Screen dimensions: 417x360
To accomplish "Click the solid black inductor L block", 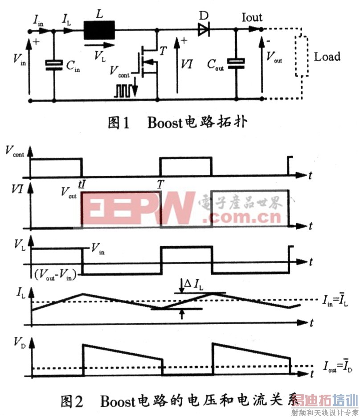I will pyautogui.click(x=99, y=32).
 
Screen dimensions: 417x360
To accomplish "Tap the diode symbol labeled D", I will pyautogui.click(x=204, y=30).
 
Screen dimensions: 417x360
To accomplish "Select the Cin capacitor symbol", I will pyautogui.click(x=54, y=65).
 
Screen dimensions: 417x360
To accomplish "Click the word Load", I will pyautogui.click(x=327, y=57).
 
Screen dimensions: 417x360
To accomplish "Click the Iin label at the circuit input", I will pyautogui.click(x=38, y=19).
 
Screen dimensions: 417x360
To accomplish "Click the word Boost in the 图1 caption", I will pyautogui.click(x=165, y=123).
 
